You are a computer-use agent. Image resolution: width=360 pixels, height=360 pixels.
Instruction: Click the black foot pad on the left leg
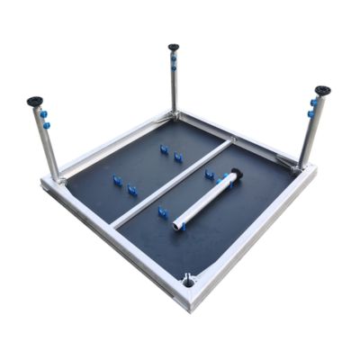click(x=37, y=102)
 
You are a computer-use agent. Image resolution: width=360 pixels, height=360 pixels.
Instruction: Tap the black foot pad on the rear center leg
click(x=173, y=47)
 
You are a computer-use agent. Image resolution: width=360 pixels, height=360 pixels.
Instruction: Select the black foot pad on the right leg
click(x=321, y=91)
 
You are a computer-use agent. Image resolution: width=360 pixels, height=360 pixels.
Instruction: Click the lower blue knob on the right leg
click(x=310, y=114)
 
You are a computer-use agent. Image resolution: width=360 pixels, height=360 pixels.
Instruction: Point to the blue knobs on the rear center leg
click(x=173, y=63)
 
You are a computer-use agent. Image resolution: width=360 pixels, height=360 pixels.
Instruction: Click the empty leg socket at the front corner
click(x=188, y=281)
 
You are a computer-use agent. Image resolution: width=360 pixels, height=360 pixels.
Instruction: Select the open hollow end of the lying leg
click(x=178, y=218)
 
